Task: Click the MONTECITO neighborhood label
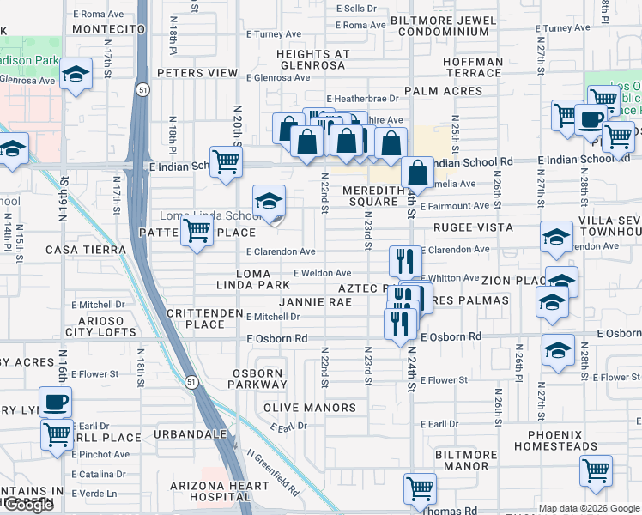coord(107,29)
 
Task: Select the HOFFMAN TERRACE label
coord(474,67)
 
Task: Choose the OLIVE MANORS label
coord(309,408)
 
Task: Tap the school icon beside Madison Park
coord(76,75)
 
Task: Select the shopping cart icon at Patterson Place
coord(197,230)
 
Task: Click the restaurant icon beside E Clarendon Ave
coord(404,258)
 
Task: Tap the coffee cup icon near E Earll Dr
coord(56,401)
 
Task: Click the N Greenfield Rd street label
coord(272,472)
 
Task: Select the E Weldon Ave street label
coord(322,273)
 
